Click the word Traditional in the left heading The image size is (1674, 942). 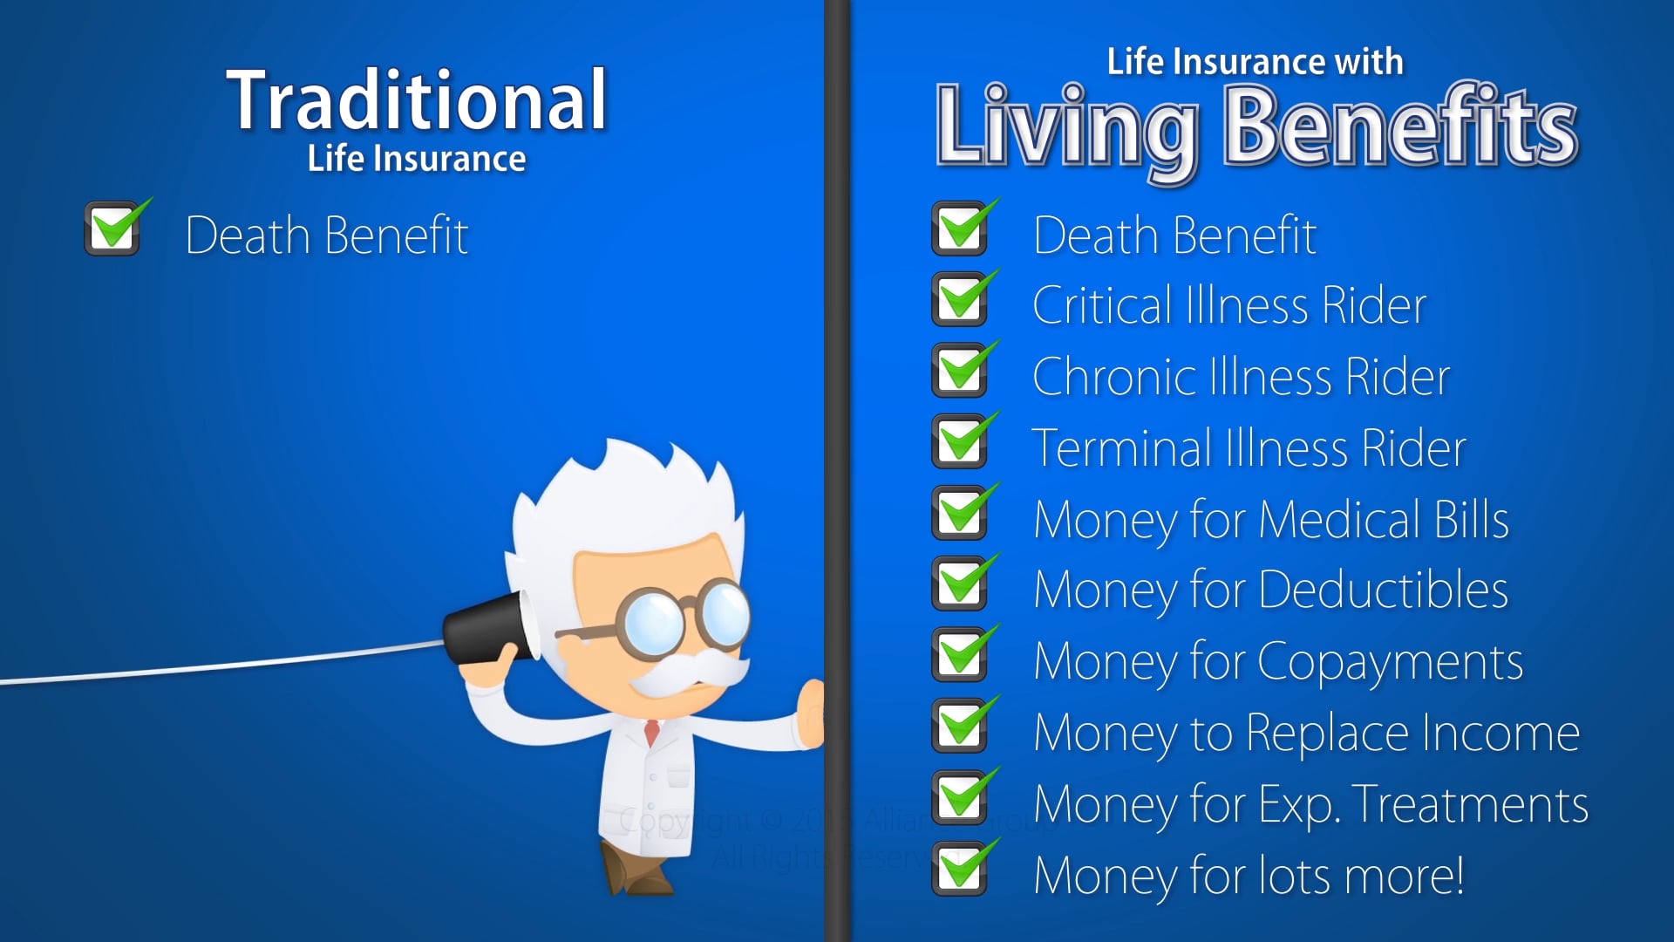(417, 101)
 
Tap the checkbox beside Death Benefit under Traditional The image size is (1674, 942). (113, 229)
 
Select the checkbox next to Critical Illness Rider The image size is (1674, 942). (960, 299)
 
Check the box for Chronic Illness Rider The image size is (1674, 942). (960, 371)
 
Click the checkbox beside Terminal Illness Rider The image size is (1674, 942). (960, 442)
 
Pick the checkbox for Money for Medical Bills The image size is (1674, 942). (960, 514)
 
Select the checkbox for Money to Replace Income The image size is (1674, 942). (960, 727)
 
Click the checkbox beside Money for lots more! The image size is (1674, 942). (960, 869)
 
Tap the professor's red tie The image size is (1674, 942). (651, 731)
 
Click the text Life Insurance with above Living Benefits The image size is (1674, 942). (1255, 63)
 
